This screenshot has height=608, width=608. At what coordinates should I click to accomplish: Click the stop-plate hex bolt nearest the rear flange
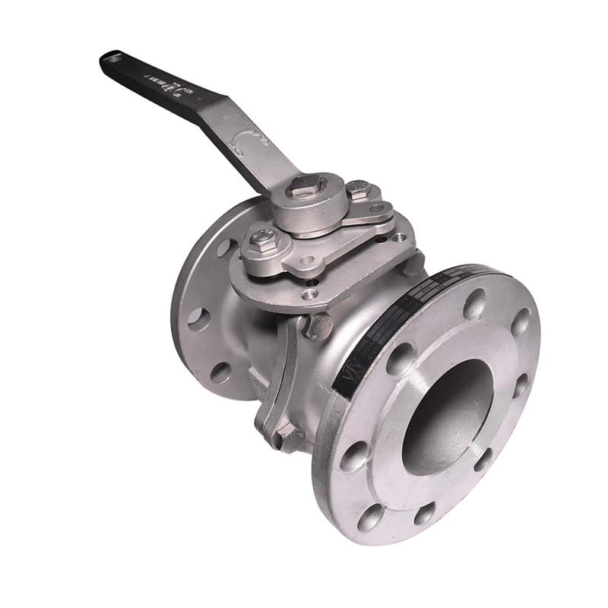point(264,239)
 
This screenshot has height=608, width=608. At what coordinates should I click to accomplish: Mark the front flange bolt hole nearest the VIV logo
point(401,358)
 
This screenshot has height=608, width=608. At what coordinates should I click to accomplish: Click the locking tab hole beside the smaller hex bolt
point(376,207)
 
